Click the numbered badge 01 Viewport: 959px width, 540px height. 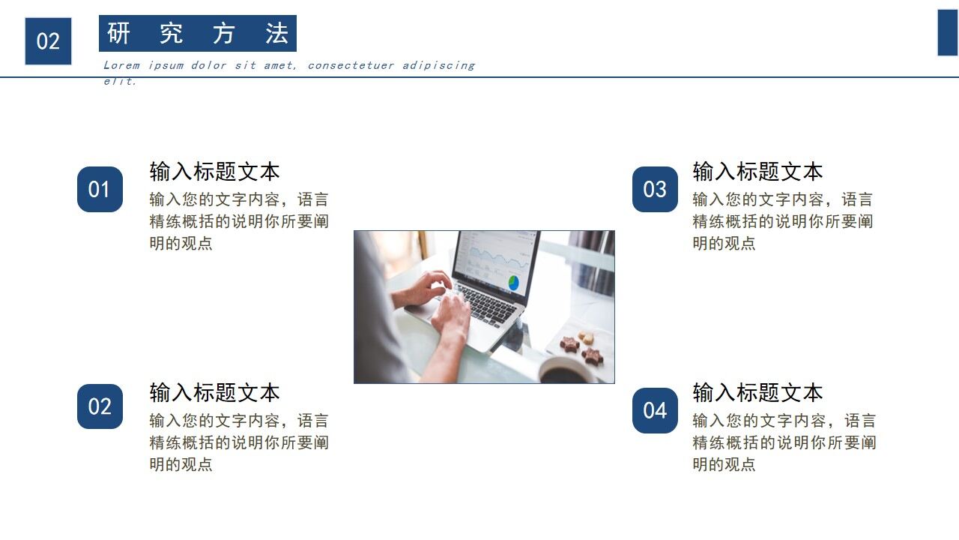pyautogui.click(x=100, y=189)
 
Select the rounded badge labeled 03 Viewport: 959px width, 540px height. pyautogui.click(x=655, y=189)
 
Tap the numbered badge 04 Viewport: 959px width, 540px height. pyautogui.click(x=655, y=410)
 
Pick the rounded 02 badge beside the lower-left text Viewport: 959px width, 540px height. pyautogui.click(x=100, y=406)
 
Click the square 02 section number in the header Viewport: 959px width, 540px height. pyautogui.click(x=48, y=41)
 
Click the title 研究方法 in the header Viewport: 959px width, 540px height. pyautogui.click(x=198, y=34)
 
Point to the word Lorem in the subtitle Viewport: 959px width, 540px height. pyautogui.click(x=121, y=65)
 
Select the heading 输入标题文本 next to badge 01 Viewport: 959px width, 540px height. pyautogui.click(x=214, y=171)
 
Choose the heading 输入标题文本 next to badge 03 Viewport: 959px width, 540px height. pyautogui.click(x=757, y=171)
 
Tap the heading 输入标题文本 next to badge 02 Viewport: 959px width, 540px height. pyautogui.click(x=214, y=392)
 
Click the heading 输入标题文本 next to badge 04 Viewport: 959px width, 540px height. pyautogui.click(x=757, y=392)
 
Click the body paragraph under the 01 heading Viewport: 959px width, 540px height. pyautogui.click(x=239, y=221)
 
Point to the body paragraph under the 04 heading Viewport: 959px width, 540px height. pyautogui.click(x=784, y=442)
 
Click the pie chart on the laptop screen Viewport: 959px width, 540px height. pyautogui.click(x=513, y=283)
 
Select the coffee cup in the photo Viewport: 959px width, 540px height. pyautogui.click(x=566, y=370)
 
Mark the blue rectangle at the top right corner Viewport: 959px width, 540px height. pyautogui.click(x=948, y=32)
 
